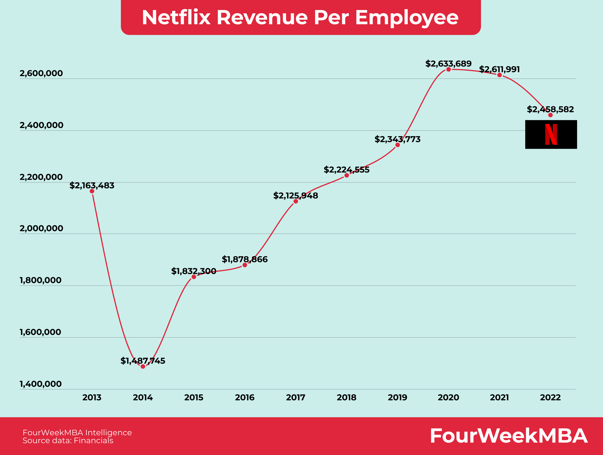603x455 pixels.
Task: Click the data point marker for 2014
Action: (143, 366)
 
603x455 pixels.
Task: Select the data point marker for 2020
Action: (448, 69)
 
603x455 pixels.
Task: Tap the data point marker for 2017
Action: (296, 201)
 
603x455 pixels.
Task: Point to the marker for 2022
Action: (550, 115)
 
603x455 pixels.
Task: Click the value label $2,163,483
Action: (92, 185)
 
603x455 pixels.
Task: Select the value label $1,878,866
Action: (244, 259)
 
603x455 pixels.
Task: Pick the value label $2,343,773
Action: (397, 139)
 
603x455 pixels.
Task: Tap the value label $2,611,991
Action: (499, 69)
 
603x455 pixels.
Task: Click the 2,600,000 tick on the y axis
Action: (41, 73)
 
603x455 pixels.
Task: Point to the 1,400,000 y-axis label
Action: (41, 384)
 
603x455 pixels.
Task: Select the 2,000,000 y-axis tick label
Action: (41, 228)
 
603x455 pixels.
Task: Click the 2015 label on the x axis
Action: (194, 398)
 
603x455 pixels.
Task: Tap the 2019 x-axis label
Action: (397, 398)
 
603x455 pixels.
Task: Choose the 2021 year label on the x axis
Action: (499, 398)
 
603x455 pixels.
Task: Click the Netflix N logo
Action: (551, 134)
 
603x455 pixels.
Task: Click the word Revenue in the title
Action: (262, 17)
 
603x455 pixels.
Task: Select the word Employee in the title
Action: (407, 17)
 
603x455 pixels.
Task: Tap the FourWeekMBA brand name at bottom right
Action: (509, 436)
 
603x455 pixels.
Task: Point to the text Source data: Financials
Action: (68, 440)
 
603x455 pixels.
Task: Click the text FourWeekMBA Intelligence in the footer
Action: (77, 432)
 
